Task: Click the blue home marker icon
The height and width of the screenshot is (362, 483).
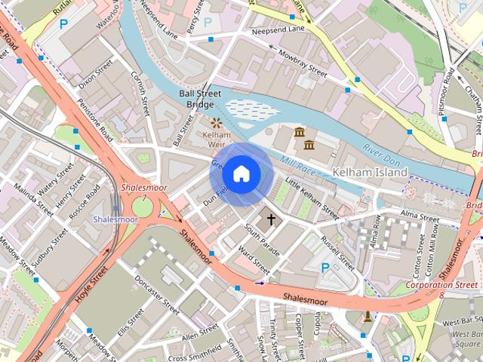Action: (x=241, y=174)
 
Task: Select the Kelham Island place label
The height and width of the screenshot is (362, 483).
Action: (x=370, y=173)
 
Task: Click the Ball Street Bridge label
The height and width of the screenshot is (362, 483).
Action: (x=196, y=99)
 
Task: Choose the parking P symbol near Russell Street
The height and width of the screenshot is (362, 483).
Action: (x=325, y=267)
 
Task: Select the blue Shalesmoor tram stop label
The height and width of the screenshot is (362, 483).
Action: (x=115, y=219)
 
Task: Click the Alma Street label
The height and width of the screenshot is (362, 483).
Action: (x=420, y=216)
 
